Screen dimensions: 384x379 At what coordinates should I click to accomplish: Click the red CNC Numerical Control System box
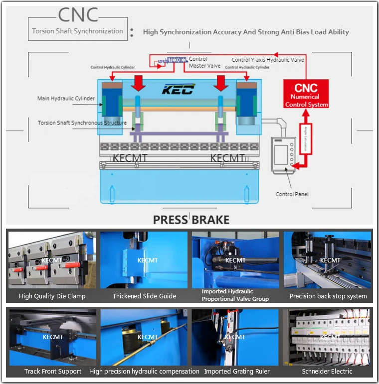pos(306,94)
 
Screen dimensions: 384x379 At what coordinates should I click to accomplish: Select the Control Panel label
pos(292,194)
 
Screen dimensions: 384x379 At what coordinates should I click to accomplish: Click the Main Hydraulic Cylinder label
pos(66,99)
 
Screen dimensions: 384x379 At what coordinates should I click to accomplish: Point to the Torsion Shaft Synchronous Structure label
pos(82,123)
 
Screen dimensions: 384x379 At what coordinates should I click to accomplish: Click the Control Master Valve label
pos(204,62)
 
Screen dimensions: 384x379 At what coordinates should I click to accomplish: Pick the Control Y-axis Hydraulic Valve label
pos(267,60)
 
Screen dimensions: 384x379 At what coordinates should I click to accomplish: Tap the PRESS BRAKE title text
pos(191,220)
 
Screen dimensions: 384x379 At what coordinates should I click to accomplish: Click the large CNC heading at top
pos(78,15)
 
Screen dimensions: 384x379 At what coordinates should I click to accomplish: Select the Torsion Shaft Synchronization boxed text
pos(77,31)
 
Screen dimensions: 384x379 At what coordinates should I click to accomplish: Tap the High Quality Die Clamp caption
pos(52,296)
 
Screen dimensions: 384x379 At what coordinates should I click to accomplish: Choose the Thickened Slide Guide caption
pos(144,296)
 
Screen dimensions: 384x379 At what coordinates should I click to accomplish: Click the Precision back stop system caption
pos(328,296)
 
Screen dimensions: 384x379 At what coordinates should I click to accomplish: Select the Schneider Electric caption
pos(327,371)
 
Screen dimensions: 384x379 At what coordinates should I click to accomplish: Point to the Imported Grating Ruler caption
pos(236,371)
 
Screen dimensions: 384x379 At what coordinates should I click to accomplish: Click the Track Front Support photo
pos(52,337)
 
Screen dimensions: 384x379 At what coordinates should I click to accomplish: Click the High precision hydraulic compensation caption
pos(144,371)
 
